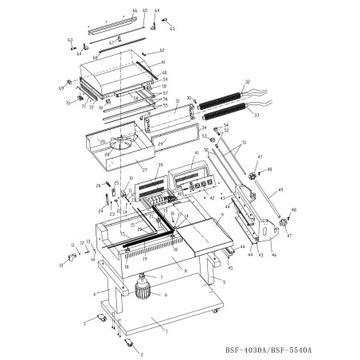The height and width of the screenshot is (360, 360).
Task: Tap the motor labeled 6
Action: (145, 291)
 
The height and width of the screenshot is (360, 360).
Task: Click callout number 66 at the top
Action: (134, 10)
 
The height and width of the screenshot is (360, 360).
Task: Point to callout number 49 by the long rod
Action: (281, 190)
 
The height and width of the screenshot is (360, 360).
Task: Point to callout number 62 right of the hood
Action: (162, 50)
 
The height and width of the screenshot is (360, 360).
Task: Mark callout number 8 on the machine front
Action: (185, 271)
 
